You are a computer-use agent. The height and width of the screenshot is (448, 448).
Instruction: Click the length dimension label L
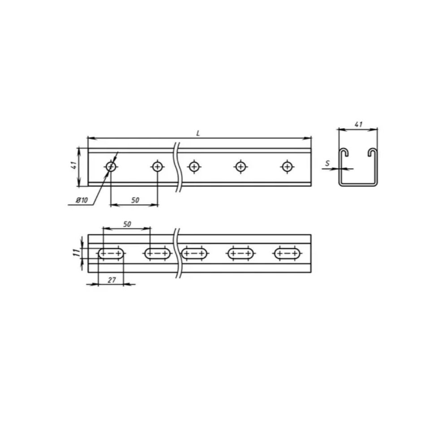pos(198,134)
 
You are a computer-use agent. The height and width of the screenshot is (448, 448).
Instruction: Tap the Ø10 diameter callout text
pos(82,200)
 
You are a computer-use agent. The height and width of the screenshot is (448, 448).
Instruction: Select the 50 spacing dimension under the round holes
pos(135,200)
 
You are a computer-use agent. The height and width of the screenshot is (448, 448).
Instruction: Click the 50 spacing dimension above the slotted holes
pos(127,224)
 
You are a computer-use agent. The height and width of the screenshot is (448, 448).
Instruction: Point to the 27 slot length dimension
pos(112,280)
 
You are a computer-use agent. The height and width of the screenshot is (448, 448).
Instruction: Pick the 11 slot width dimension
pos(76,253)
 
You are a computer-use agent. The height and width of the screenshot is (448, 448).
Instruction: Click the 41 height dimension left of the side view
pos(74,165)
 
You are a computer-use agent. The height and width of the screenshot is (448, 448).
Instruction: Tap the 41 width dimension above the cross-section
pos(358,124)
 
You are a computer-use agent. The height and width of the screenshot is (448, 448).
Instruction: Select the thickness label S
pos(327,164)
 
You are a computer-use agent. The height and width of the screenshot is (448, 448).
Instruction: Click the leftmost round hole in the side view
pos(111,166)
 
